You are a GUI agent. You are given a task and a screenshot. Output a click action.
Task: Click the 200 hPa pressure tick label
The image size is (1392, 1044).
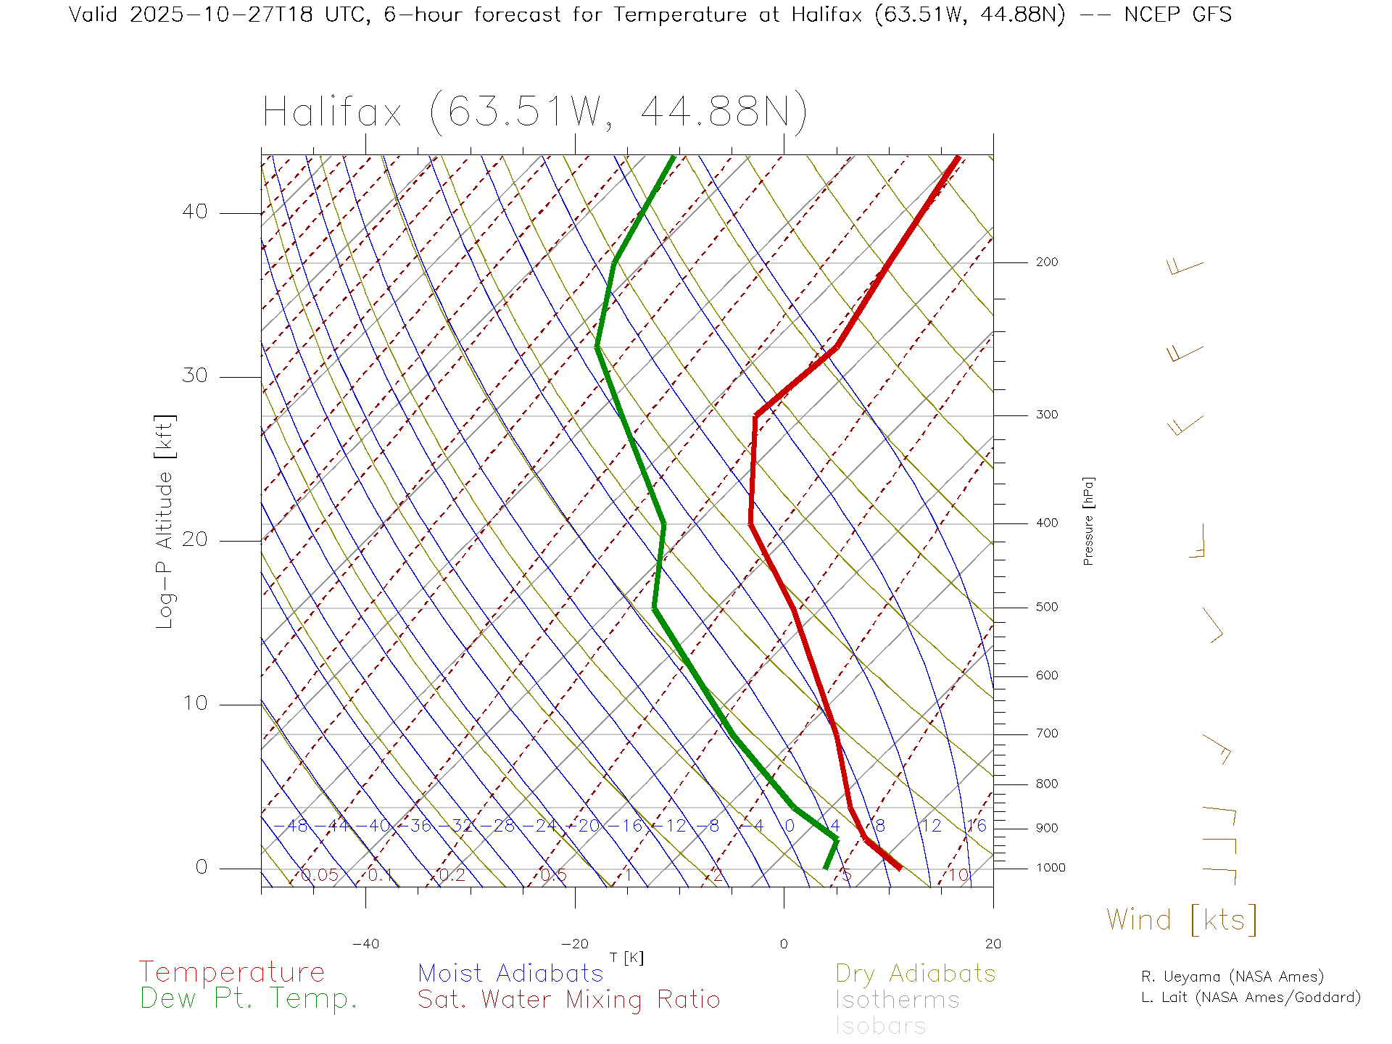(x=1046, y=262)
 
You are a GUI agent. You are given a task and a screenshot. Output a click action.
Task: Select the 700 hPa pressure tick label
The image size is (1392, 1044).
(x=1046, y=734)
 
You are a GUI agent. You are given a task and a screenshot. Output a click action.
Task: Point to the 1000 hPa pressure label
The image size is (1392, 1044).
(x=1050, y=868)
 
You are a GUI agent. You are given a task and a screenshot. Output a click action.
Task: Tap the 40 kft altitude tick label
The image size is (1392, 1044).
(x=194, y=212)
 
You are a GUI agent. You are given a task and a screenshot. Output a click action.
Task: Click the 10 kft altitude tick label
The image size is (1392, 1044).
(x=194, y=703)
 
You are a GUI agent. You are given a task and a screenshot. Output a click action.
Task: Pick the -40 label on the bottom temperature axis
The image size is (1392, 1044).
(x=365, y=944)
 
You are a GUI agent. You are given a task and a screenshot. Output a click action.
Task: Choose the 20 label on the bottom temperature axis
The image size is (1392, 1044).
(x=993, y=944)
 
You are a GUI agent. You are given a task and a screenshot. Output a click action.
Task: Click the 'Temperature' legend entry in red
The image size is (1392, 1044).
(x=232, y=972)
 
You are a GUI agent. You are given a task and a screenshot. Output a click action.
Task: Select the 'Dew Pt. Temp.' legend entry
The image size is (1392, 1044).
(x=249, y=999)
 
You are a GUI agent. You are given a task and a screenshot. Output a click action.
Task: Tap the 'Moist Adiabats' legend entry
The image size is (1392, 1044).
(x=510, y=974)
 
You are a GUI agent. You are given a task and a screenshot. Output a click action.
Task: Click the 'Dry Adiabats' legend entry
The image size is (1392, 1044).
(x=915, y=974)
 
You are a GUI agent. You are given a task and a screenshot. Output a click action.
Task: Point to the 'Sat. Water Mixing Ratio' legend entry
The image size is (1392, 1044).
(x=568, y=1000)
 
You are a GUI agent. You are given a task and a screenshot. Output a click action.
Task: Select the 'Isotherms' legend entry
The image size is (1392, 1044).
(x=897, y=1000)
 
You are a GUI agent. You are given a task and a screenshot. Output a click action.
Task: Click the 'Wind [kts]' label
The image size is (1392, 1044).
(x=1181, y=920)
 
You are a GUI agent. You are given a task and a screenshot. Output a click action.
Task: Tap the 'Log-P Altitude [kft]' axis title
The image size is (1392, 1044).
(x=165, y=521)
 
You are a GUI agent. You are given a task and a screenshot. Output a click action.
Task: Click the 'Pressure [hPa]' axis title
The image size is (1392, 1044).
(x=1088, y=521)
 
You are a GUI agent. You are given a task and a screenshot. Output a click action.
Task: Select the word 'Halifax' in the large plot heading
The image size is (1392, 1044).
(x=332, y=112)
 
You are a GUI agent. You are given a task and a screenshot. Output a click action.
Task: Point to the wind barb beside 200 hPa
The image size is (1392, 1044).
(x=1185, y=268)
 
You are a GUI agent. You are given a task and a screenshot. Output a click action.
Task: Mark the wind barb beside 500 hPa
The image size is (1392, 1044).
(x=1213, y=625)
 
